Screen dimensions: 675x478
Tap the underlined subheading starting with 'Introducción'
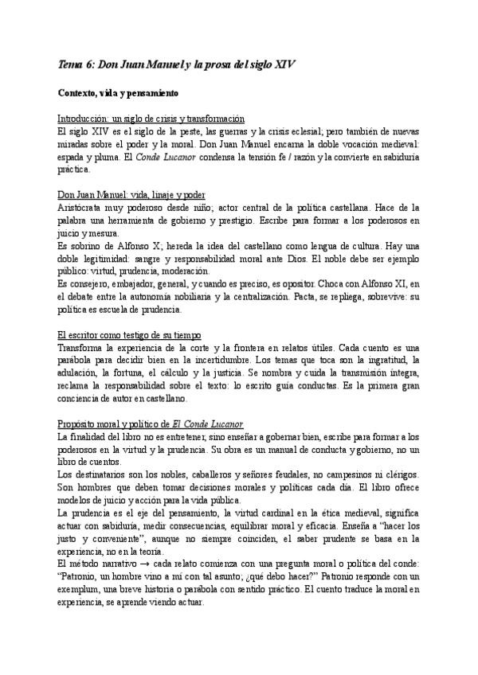(x=151, y=118)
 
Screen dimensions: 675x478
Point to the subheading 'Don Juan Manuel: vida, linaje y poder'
(x=132, y=193)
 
